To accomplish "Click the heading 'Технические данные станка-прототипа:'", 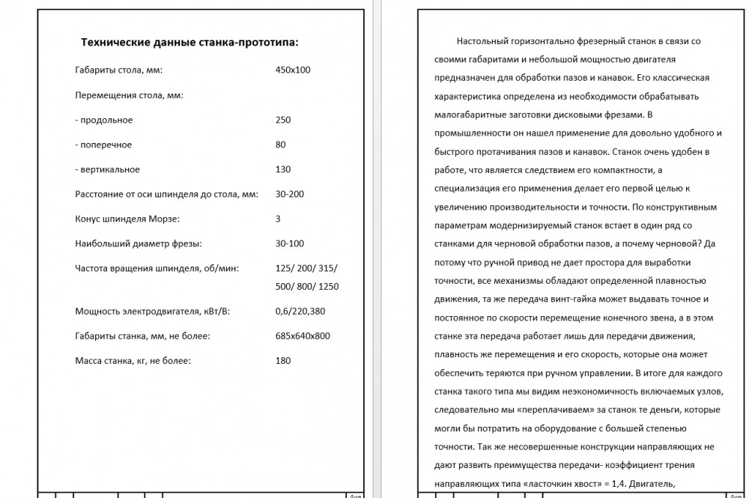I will point(189,42).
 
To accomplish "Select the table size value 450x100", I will point(293,70).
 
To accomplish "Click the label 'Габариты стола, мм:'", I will point(119,70).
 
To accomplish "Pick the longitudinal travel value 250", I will point(283,120).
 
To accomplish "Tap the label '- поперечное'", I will point(103,145).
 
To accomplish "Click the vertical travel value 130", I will point(283,169).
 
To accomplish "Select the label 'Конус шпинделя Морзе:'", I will point(128,219).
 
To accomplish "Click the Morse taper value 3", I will point(279,219).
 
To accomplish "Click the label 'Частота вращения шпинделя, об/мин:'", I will point(157,268).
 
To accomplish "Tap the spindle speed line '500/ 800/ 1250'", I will point(307,286).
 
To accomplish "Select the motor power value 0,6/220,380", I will point(300,312).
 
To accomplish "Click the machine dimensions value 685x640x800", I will point(303,336).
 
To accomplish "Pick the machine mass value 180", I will point(283,361).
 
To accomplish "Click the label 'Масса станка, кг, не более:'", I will point(133,361).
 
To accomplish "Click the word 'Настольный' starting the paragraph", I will point(480,41).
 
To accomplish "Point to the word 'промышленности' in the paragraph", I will point(467,133).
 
